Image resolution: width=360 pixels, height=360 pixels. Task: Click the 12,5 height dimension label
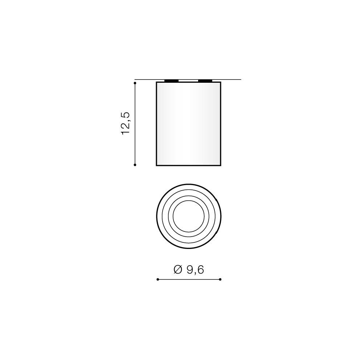(x=126, y=123)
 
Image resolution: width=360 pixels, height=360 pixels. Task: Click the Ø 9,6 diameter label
(x=189, y=269)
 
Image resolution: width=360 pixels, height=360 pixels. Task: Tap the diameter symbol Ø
(x=178, y=269)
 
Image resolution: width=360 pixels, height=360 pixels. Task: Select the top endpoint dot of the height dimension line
(x=135, y=83)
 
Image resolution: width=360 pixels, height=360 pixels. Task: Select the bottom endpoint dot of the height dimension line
(x=135, y=165)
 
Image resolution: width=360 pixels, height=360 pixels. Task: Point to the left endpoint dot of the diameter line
(x=158, y=279)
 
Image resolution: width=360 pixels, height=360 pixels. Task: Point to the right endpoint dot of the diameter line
(x=220, y=279)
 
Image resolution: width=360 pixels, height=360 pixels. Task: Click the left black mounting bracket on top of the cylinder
(x=172, y=81)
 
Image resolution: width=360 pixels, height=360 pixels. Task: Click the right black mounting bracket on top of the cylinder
(x=205, y=81)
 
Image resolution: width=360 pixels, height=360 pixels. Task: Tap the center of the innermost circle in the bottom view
(x=188, y=216)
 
